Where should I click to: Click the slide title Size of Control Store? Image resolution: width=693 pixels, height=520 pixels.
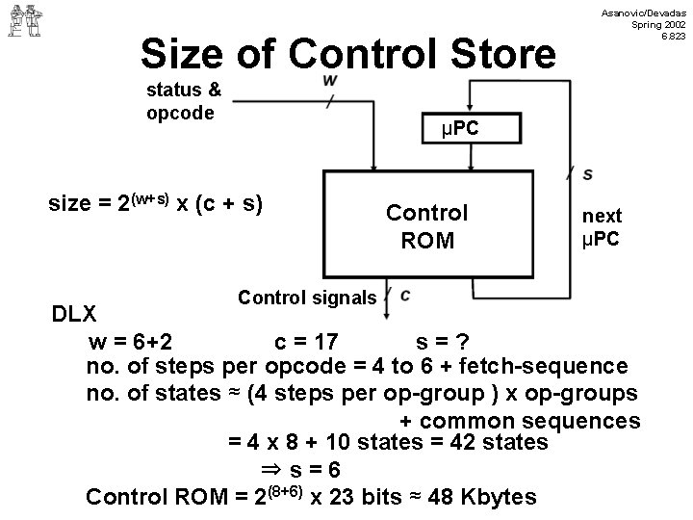347,54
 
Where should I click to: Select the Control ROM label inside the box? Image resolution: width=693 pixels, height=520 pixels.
426,226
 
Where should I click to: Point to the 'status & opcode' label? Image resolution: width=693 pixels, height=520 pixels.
184,101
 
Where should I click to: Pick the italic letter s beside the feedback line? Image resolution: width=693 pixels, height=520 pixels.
587,173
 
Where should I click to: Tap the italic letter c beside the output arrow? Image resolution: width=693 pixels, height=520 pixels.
405,294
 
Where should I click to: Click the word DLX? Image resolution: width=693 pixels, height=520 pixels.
73,315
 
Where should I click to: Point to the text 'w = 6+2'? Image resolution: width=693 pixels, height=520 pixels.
130,342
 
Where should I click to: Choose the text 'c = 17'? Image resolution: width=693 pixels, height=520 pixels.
305,342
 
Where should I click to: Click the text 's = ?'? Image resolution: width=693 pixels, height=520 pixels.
442,342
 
